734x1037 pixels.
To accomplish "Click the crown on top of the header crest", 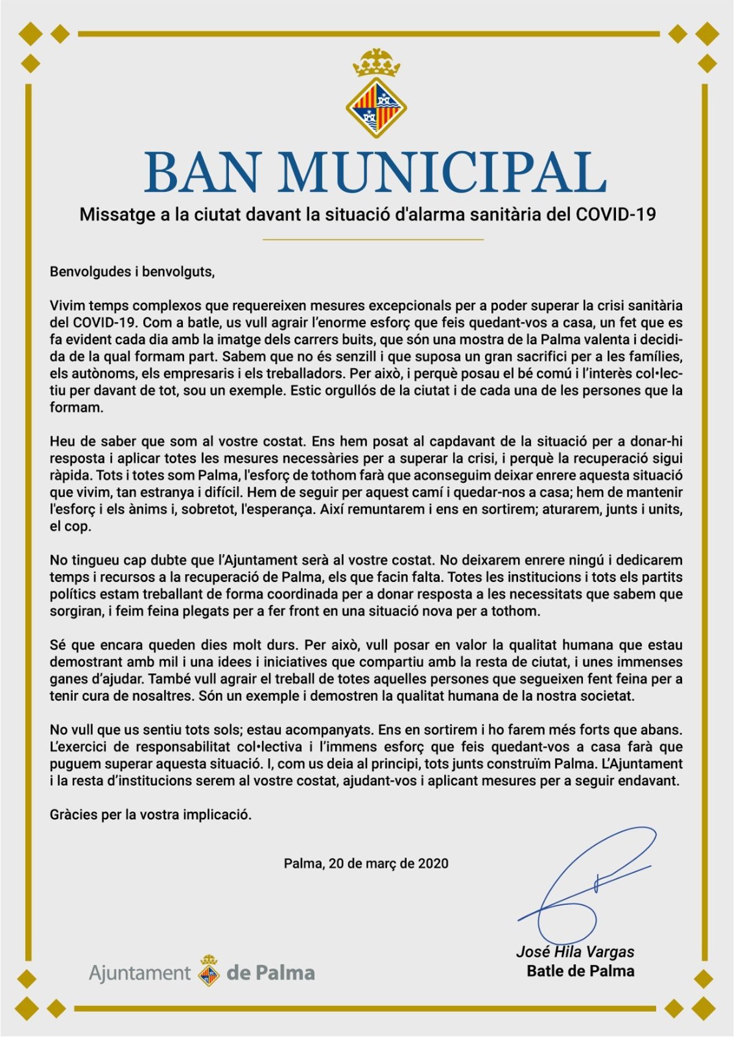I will pos(376,63).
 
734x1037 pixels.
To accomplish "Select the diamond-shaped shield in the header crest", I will pos(376,107).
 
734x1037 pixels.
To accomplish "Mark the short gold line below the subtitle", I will pos(373,239).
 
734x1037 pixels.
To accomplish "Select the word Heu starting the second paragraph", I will pos(62,441).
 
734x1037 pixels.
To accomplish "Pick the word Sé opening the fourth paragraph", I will pos(58,644).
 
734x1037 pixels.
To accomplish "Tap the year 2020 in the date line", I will pos(433,863).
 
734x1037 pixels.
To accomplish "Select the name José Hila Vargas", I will pos(575,951).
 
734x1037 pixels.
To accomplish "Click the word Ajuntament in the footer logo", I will pos(140,972).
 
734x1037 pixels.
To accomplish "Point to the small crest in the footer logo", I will pos(209,971).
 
